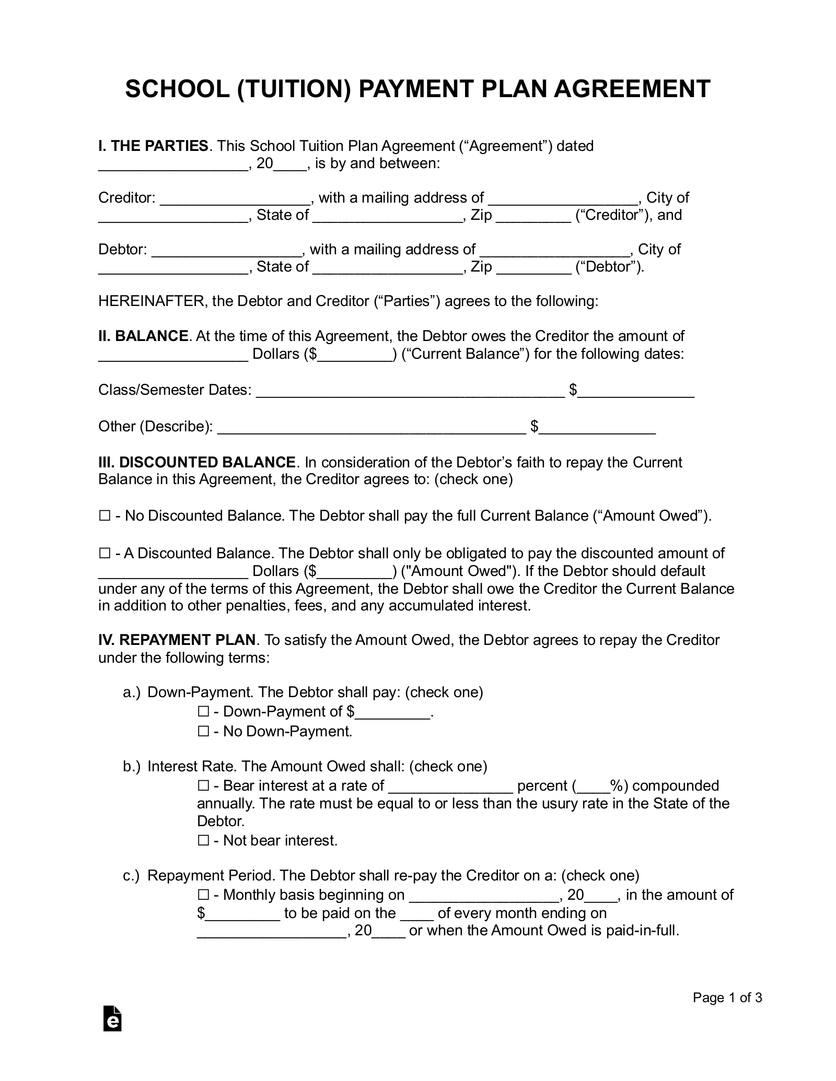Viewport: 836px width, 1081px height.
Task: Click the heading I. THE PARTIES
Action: click(x=153, y=146)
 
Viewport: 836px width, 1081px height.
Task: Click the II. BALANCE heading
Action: click(x=143, y=336)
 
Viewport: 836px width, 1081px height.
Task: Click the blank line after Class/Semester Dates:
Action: click(x=410, y=391)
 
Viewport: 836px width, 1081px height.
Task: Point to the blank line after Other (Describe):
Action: click(x=371, y=428)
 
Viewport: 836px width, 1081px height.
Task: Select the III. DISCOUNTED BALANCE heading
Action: click(x=197, y=462)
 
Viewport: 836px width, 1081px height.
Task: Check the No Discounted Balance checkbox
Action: click(x=104, y=516)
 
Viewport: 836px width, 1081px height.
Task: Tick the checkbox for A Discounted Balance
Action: click(x=104, y=553)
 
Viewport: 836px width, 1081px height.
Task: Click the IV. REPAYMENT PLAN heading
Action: click(x=177, y=640)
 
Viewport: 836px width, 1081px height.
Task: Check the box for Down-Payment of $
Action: click(x=203, y=711)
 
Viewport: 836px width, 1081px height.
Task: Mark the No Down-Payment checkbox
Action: click(x=203, y=731)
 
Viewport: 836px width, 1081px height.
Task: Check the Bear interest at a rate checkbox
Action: click(x=203, y=785)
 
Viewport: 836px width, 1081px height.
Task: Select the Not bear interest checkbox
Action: click(x=203, y=840)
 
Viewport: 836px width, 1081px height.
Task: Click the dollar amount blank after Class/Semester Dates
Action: click(x=636, y=391)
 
